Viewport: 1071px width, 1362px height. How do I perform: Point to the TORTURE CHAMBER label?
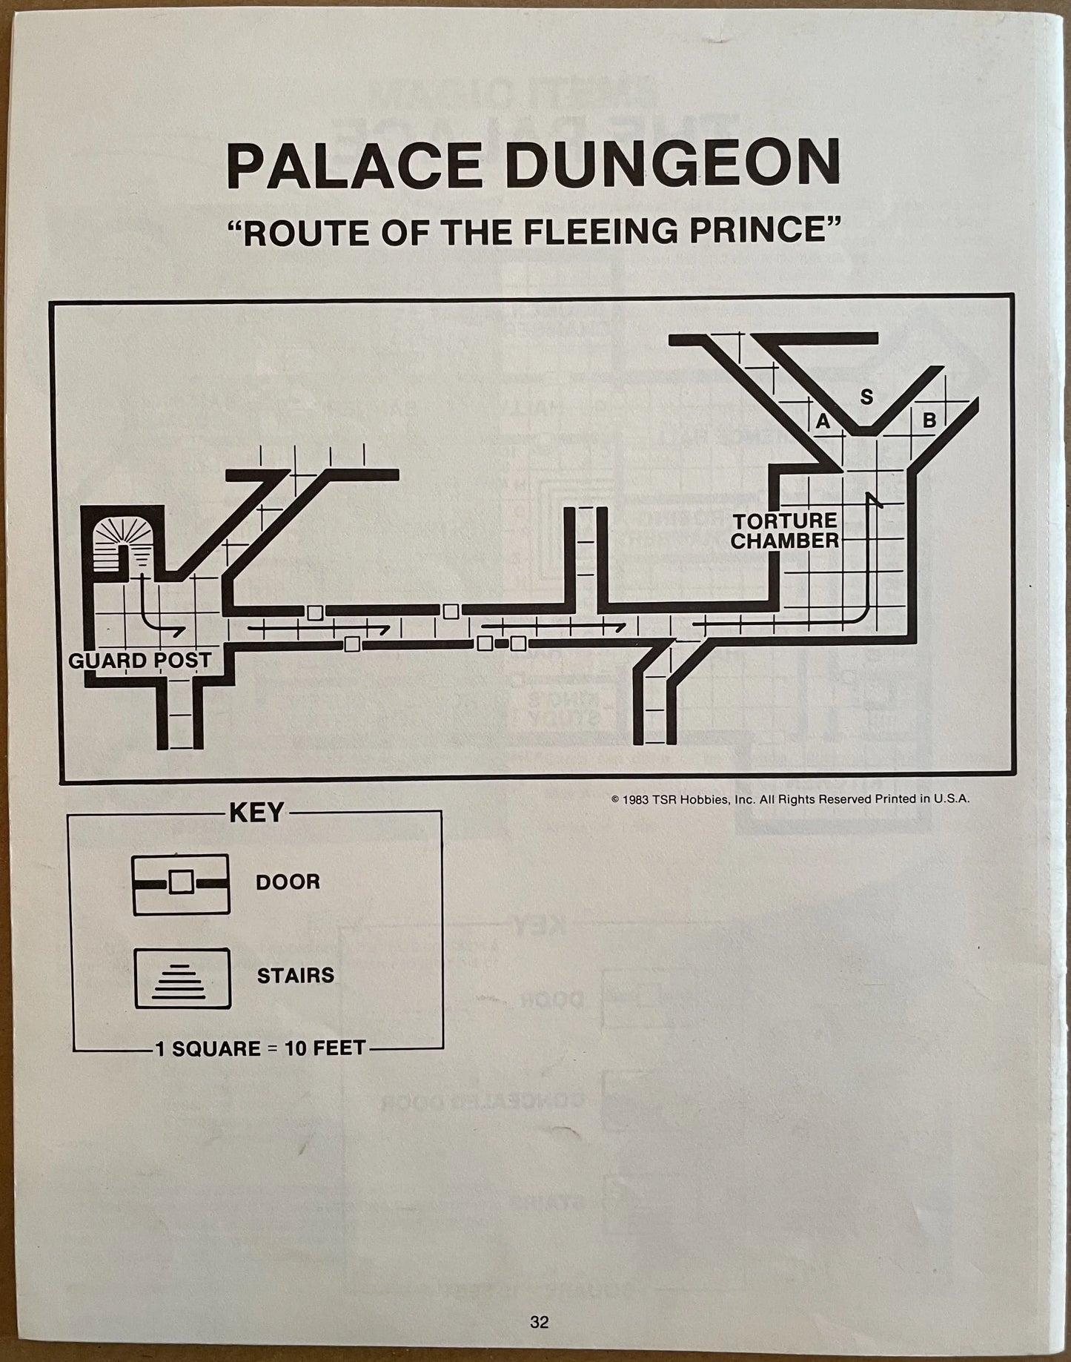(785, 530)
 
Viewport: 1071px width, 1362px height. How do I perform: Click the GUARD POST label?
(139, 660)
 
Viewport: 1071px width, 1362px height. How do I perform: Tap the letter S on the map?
(866, 397)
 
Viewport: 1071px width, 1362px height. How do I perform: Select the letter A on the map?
(823, 422)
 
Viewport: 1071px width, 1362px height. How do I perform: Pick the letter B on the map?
(929, 420)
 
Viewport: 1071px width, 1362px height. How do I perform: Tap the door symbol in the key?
(181, 883)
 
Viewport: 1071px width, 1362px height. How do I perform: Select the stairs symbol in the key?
(182, 977)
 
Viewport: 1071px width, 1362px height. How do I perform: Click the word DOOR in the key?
(288, 882)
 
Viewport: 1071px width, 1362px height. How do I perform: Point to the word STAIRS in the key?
(295, 976)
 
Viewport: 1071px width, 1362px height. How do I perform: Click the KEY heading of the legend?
(256, 813)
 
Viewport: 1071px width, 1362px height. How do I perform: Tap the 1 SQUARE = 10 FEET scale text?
(260, 1048)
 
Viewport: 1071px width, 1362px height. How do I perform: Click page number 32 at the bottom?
(539, 1320)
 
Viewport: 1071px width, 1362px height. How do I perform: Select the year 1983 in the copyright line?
(638, 799)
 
